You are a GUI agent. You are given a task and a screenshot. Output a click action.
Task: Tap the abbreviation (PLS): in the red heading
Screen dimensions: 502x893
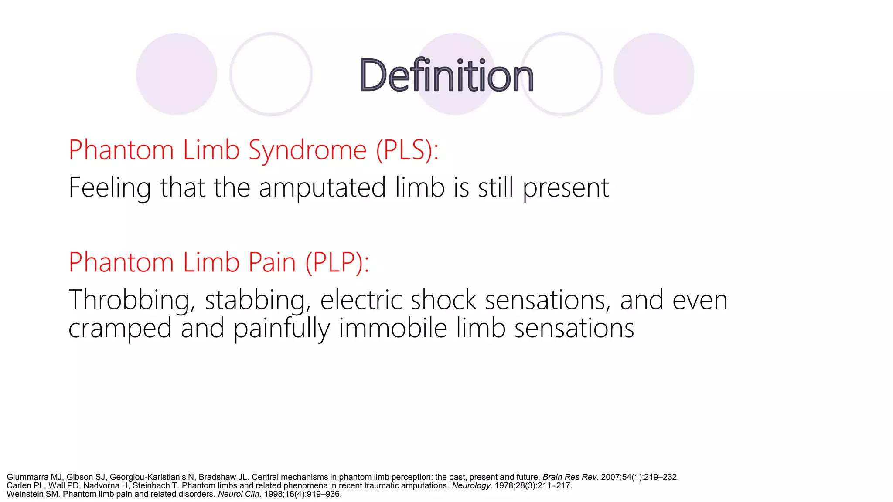click(x=407, y=150)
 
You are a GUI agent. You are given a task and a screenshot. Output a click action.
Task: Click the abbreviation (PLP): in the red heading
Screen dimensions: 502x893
click(x=337, y=263)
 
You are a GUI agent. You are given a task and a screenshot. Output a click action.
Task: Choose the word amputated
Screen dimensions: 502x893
click(x=322, y=188)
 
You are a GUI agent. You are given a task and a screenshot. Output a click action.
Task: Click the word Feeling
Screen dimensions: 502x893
click(x=109, y=188)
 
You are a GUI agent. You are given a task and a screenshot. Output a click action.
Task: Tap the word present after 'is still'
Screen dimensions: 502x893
click(x=566, y=188)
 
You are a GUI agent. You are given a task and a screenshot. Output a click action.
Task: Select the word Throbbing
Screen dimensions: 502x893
click(x=130, y=301)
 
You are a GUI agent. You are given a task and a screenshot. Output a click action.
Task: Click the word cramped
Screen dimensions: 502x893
click(x=120, y=329)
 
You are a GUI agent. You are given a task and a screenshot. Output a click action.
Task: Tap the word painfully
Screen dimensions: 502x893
click(x=282, y=329)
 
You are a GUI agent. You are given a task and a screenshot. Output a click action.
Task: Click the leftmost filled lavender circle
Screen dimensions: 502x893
click(x=177, y=74)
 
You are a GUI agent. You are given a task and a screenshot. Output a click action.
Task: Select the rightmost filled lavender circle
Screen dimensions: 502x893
click(x=654, y=74)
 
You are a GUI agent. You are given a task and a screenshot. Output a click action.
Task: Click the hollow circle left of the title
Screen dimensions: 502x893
click(x=271, y=74)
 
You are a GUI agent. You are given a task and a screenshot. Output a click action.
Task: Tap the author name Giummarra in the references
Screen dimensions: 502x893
click(x=27, y=477)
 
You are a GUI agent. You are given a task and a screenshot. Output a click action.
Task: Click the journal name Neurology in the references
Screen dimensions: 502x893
click(x=471, y=485)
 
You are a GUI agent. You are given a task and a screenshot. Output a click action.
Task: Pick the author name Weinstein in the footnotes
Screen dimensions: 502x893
click(x=25, y=494)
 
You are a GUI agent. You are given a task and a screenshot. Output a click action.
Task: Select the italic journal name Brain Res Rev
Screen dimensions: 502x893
click(x=569, y=477)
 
